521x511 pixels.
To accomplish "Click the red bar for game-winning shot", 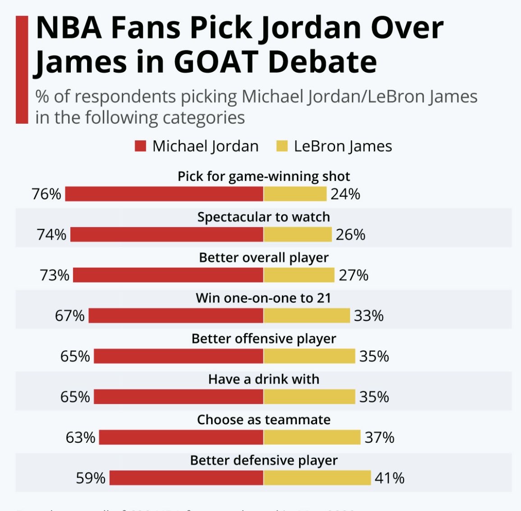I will [164, 194].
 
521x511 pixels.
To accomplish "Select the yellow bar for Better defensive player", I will [317, 478].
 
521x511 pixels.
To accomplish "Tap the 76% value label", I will [46, 194].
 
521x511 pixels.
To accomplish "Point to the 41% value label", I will [390, 478].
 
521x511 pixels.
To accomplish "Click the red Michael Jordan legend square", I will [140, 146].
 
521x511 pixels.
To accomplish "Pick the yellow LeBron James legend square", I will [282, 146].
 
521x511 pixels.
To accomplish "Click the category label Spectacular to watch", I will [263, 217].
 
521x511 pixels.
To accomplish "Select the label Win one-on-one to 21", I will [263, 298].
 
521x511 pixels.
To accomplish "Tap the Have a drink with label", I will [263, 379].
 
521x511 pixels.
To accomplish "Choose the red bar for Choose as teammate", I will [181, 437].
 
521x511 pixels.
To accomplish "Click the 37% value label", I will [379, 437].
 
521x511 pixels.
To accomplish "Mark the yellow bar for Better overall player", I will [299, 275].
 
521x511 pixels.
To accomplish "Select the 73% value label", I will [55, 275].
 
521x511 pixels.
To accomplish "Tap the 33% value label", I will [369, 316].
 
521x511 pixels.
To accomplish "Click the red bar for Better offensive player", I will [178, 356].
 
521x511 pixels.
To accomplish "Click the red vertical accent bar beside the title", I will [22, 70].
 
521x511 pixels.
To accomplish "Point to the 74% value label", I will [51, 235].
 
